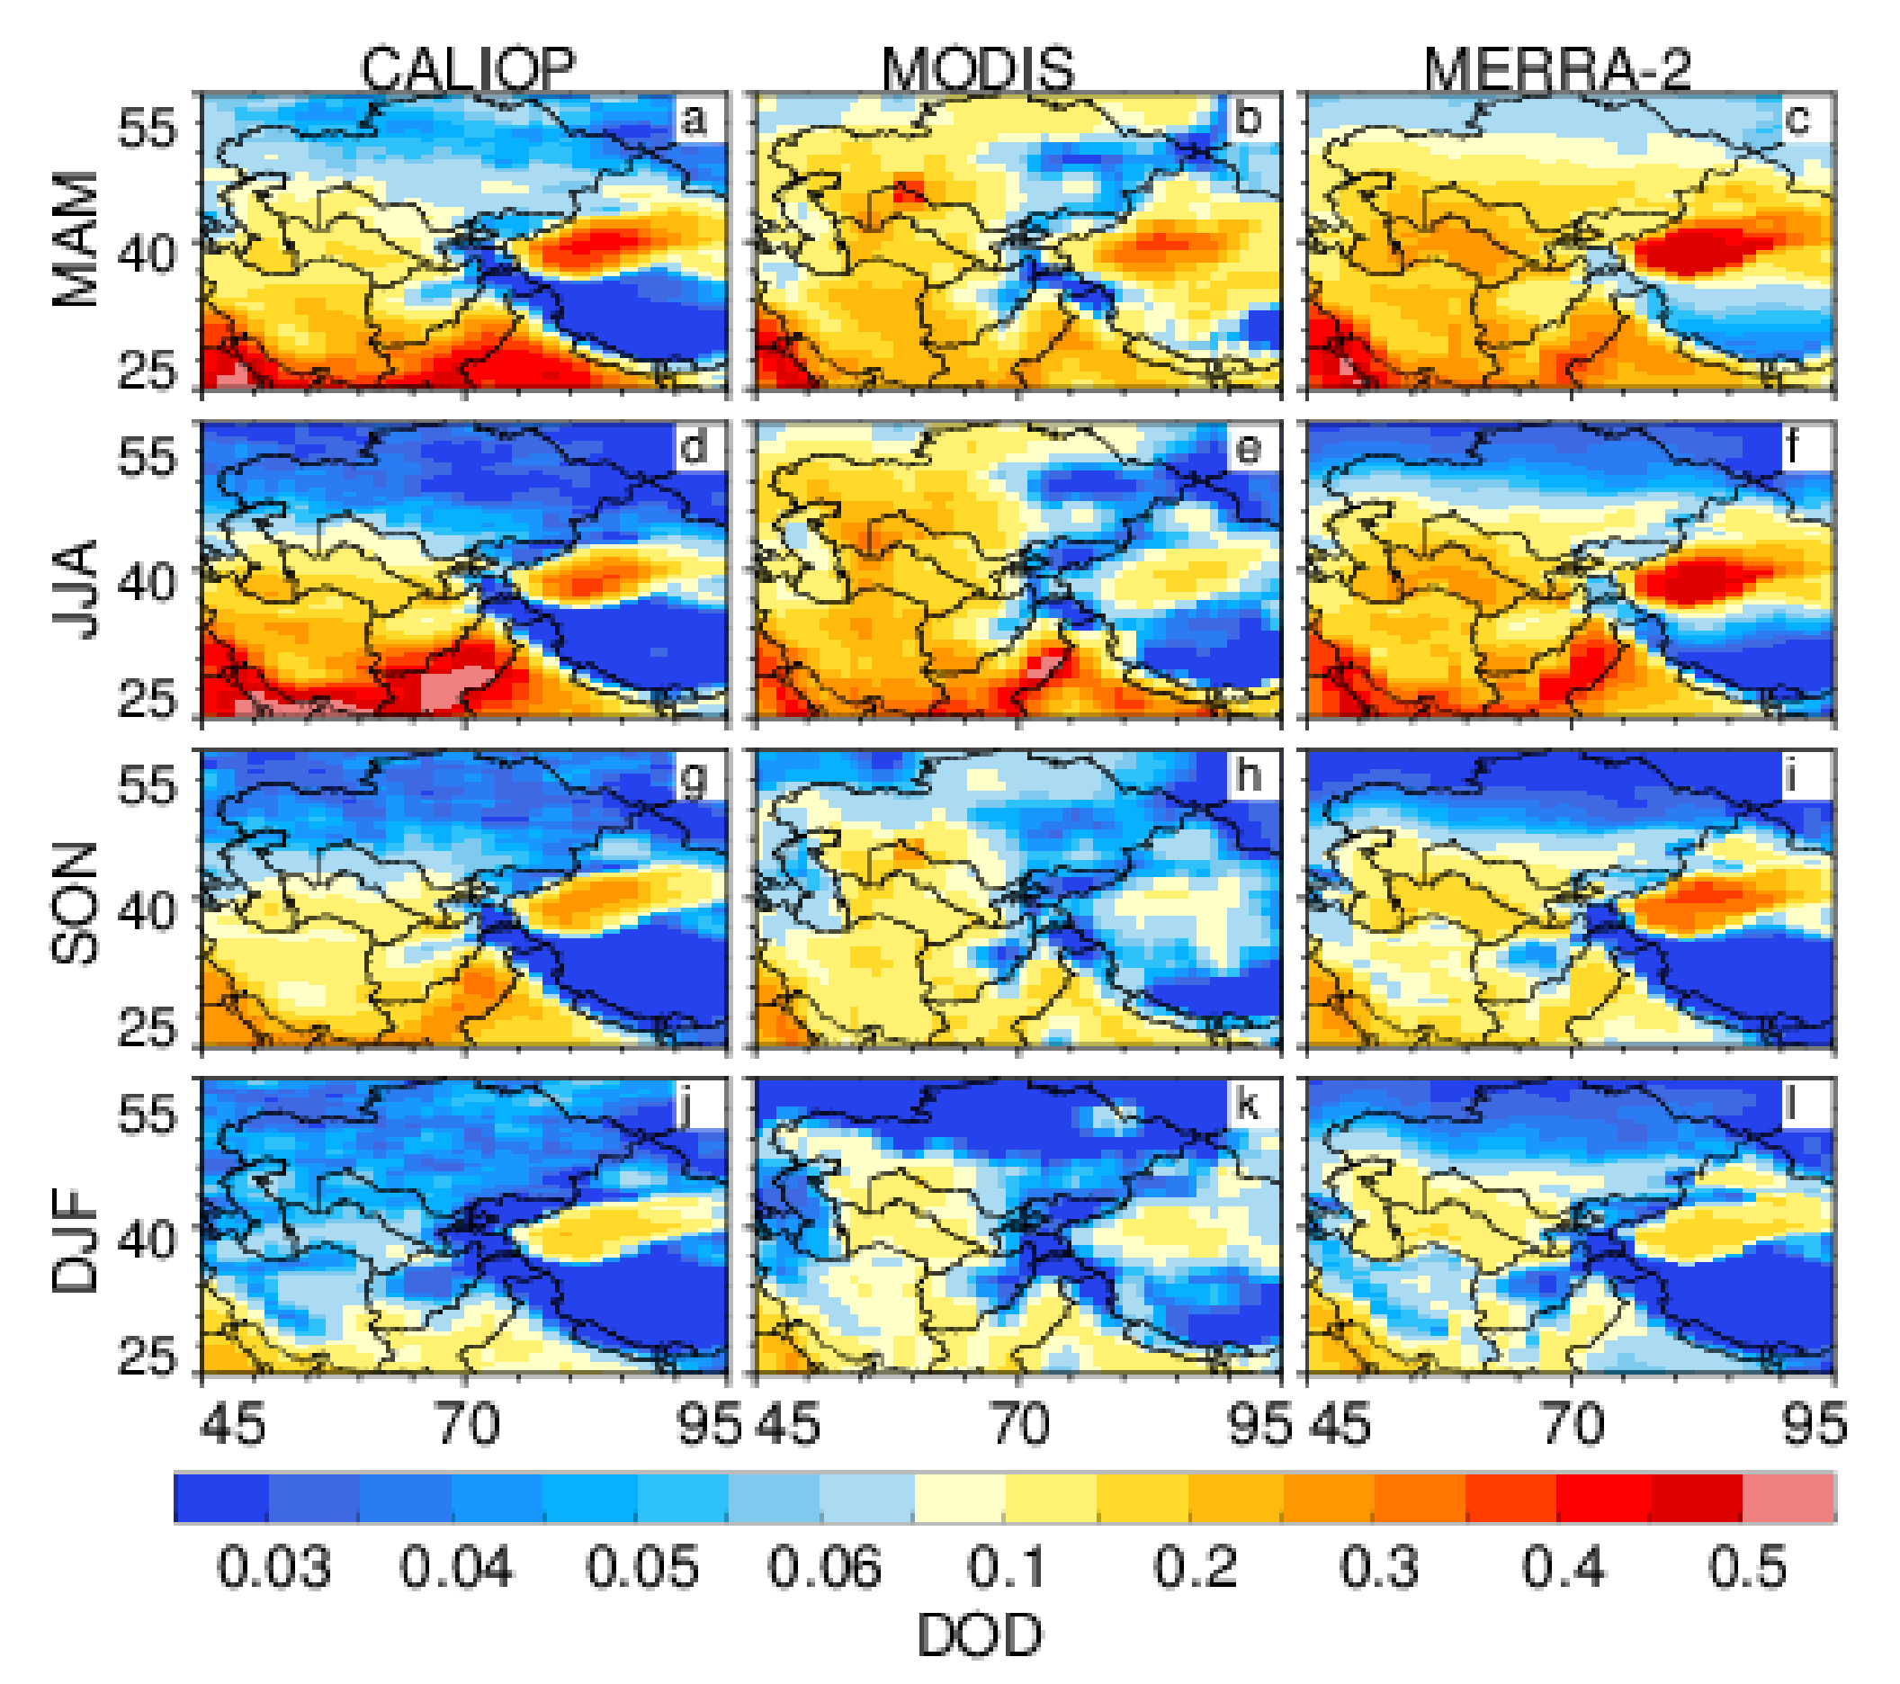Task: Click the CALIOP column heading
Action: click(x=468, y=69)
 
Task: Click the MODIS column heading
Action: click(x=977, y=69)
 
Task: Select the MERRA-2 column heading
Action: click(x=1557, y=69)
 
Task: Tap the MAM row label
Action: click(x=76, y=239)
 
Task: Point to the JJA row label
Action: click(x=76, y=589)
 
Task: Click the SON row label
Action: click(x=76, y=903)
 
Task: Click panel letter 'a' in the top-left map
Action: click(x=694, y=120)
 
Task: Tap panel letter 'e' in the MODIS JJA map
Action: click(x=1248, y=449)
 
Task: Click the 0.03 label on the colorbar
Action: click(x=273, y=1567)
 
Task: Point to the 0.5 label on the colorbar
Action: click(x=1748, y=1567)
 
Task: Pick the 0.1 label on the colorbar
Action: click(x=1006, y=1567)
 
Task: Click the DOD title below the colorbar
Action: click(x=980, y=1635)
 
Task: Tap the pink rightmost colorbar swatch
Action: click(x=1788, y=1497)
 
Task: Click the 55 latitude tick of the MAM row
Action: click(x=146, y=128)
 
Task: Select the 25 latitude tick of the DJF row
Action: click(x=146, y=1357)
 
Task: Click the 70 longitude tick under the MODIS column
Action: click(x=1019, y=1425)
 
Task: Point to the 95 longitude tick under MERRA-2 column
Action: click(x=1814, y=1425)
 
